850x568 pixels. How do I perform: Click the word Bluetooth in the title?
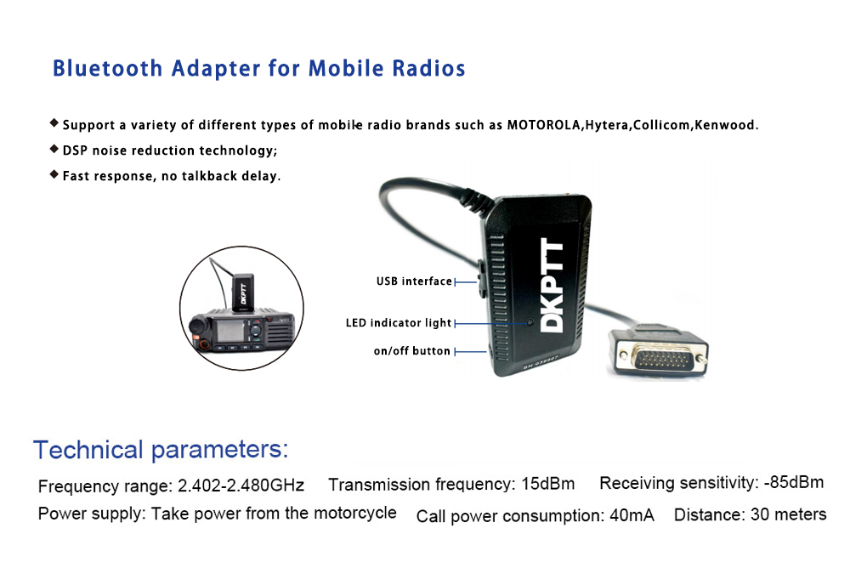[107, 68]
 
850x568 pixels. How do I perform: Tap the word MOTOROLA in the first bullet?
[544, 125]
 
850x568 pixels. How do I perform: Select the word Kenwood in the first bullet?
[725, 125]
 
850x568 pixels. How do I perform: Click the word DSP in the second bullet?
[75, 151]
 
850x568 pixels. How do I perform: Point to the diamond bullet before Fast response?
[54, 174]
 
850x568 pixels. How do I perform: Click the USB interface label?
[414, 281]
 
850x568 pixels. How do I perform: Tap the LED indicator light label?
[399, 323]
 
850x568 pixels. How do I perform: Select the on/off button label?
[412, 351]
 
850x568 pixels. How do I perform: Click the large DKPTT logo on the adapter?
[552, 286]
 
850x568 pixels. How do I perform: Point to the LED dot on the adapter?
[530, 322]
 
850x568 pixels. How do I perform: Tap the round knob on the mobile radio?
[196, 327]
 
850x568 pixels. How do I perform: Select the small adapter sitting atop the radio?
[243, 293]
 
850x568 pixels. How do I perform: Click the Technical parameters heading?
[161, 450]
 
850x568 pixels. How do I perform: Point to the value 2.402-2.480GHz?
[241, 485]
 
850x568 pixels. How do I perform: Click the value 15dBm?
[547, 483]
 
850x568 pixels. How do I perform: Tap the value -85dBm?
[794, 482]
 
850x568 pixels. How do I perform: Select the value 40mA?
[632, 515]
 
